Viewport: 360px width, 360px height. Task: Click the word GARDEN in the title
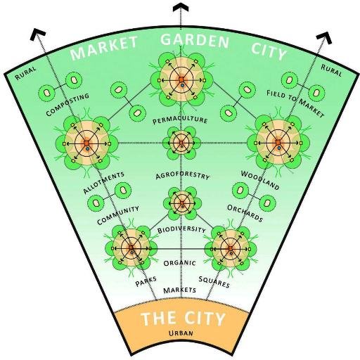tap(194, 40)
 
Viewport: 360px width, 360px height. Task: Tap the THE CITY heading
tap(183, 319)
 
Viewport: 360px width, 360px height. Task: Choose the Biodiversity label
tap(181, 230)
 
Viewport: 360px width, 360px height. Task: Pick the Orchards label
tap(245, 213)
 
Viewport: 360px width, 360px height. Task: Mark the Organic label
tap(179, 264)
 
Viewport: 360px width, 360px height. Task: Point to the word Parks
tap(146, 283)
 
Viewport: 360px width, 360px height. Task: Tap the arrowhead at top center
tap(181, 8)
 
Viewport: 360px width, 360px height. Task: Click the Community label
tap(117, 214)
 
